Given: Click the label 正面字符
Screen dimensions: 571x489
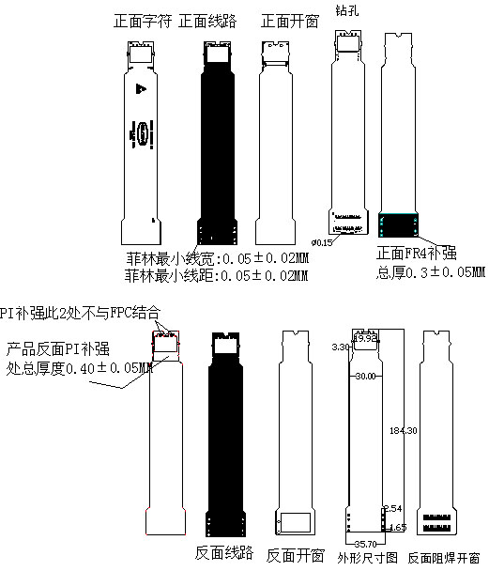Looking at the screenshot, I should tap(142, 20).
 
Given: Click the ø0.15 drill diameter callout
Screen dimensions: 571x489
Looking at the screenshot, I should tap(322, 242).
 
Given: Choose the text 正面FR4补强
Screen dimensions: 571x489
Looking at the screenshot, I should tap(416, 254).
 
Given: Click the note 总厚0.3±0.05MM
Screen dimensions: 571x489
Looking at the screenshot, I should tap(431, 273).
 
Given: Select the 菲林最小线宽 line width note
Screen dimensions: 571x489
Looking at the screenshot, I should tap(217, 258).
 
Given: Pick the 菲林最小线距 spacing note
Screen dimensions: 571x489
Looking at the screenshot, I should tap(217, 276).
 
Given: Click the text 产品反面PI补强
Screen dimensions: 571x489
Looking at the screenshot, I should tap(62, 349).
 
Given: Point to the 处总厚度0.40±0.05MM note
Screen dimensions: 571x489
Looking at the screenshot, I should tap(80, 367).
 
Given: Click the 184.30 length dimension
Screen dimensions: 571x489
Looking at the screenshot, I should tap(403, 430).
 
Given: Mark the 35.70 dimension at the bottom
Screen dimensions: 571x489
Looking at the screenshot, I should tap(364, 543).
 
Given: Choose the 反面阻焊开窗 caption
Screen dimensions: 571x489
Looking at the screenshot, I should tap(443, 558).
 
